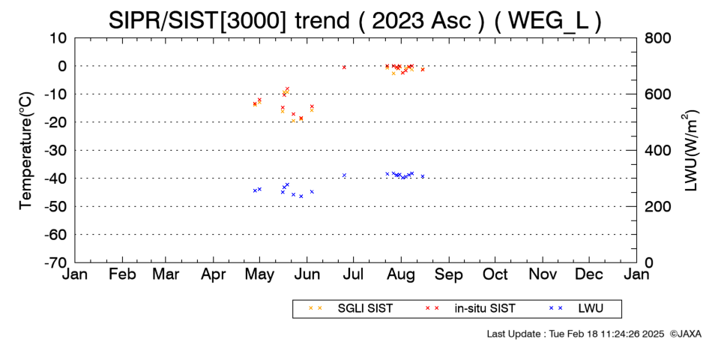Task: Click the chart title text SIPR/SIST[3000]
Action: click(x=198, y=20)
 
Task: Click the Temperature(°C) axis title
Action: click(x=26, y=151)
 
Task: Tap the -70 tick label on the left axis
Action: click(x=56, y=262)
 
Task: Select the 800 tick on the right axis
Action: click(x=658, y=38)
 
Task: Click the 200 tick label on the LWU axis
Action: click(x=658, y=207)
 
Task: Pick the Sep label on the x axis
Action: click(x=449, y=274)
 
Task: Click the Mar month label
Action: click(x=166, y=274)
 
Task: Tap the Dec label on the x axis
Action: click(x=589, y=274)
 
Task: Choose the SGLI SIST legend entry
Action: click(x=350, y=309)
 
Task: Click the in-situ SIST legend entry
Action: click(x=469, y=309)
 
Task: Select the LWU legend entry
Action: click(x=576, y=309)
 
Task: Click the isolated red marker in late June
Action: click(x=344, y=67)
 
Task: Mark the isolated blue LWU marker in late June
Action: click(x=344, y=175)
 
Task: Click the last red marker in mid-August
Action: click(x=422, y=70)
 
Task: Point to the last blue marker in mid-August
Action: click(x=422, y=176)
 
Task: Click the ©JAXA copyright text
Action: click(x=685, y=334)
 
